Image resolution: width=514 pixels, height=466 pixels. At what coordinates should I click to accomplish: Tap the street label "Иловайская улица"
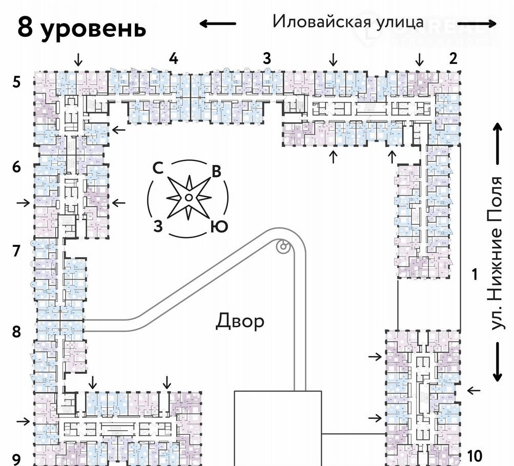coord(348,22)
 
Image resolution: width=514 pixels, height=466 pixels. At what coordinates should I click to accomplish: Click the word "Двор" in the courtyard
coord(240,321)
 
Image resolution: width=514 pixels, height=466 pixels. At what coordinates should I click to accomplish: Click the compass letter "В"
coord(216,172)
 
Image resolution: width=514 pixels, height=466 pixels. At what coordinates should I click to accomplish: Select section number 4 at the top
coord(174,59)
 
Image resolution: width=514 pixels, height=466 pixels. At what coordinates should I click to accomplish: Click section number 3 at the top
coord(266,59)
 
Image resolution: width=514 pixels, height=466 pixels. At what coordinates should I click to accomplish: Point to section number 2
coord(453,58)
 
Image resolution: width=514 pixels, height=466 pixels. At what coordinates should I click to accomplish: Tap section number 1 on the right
coord(475,275)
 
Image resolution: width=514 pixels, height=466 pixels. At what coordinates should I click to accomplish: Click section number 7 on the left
coord(16,251)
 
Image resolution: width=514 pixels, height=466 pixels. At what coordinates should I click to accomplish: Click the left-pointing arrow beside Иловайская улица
coord(217,23)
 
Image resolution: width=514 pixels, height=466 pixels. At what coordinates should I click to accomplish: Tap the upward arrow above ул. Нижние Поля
coord(497,143)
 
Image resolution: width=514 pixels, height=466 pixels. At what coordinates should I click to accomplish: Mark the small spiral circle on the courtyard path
coord(282,247)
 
